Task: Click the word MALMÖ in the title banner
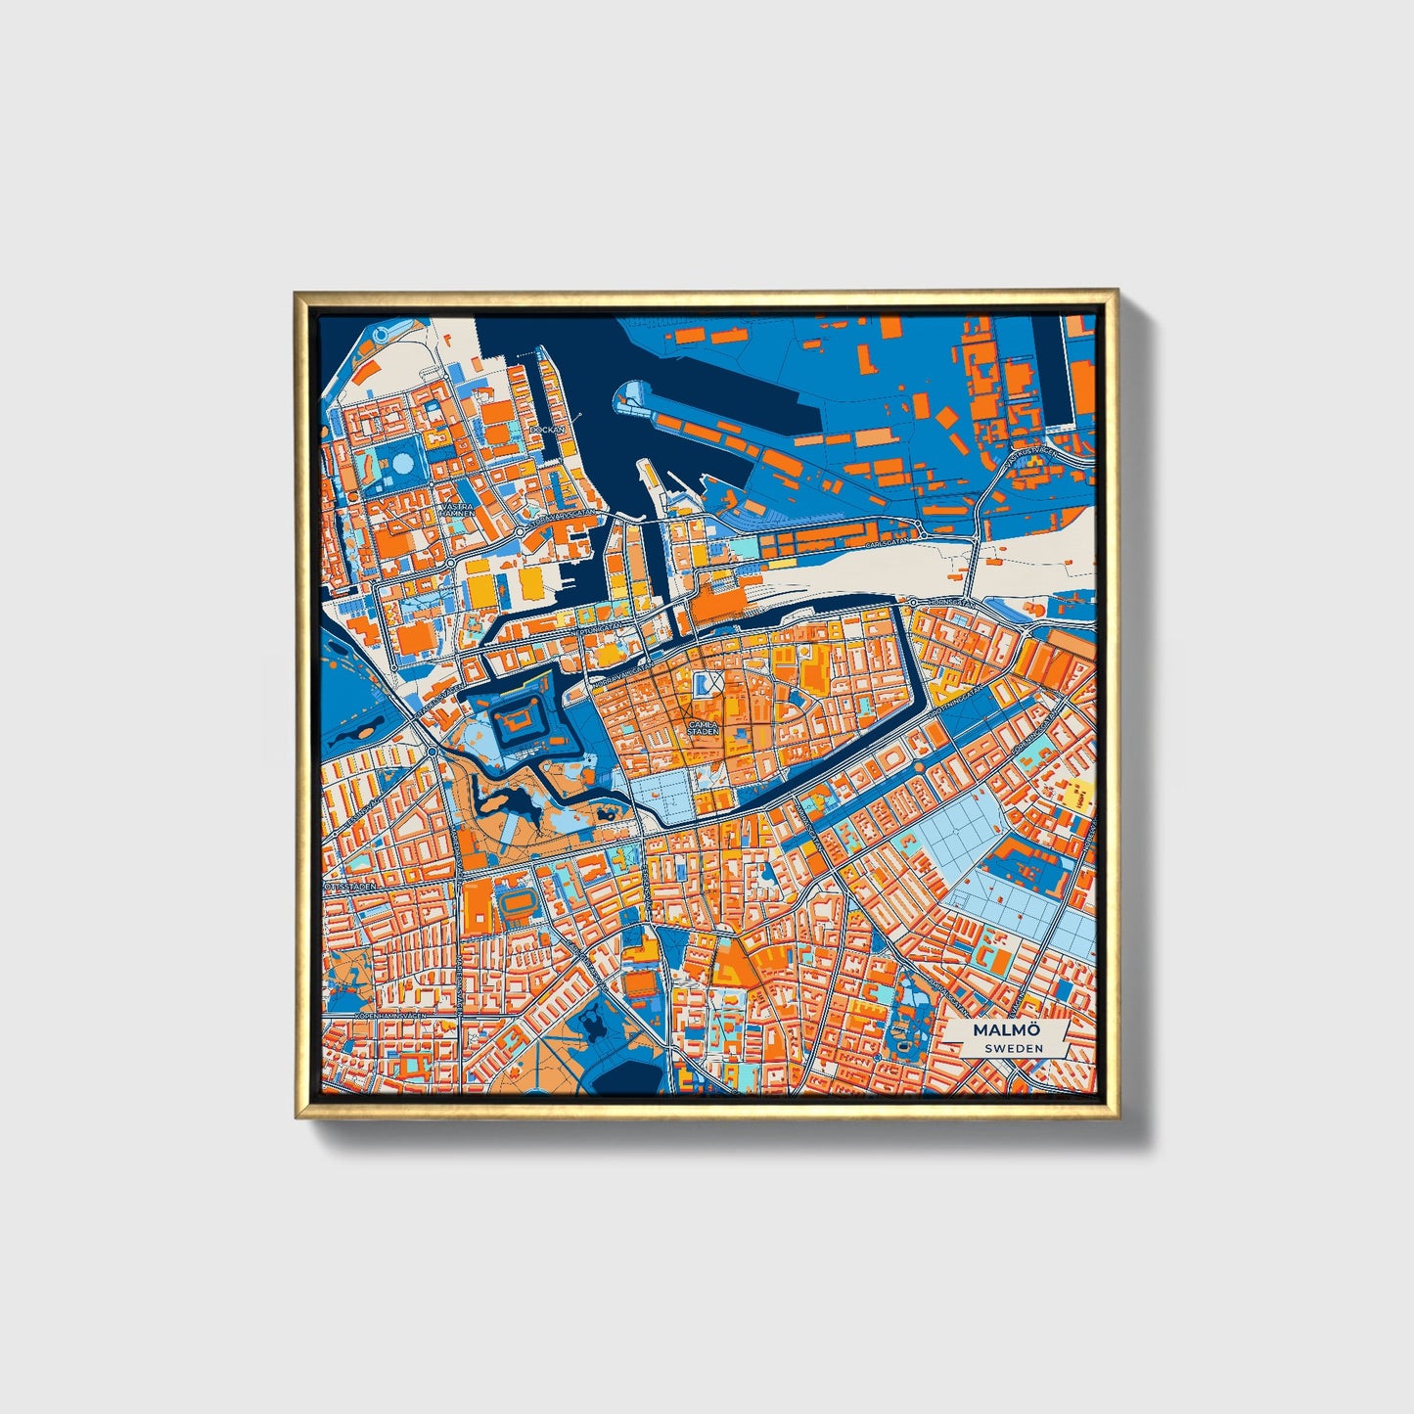1006,1030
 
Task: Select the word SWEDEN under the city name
1013,1048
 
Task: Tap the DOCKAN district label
546,429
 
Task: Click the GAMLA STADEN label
703,728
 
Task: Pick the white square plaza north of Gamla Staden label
707,682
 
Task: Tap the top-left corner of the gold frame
296,292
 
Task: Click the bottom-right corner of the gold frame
1117,1118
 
